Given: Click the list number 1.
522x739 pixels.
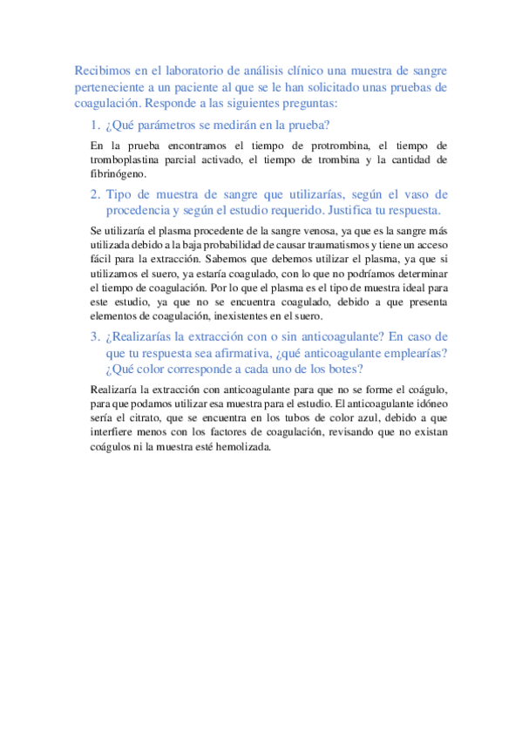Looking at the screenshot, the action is (x=95, y=125).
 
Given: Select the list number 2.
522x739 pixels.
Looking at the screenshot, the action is (x=95, y=193).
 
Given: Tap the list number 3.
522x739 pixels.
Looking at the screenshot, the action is (x=95, y=336).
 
